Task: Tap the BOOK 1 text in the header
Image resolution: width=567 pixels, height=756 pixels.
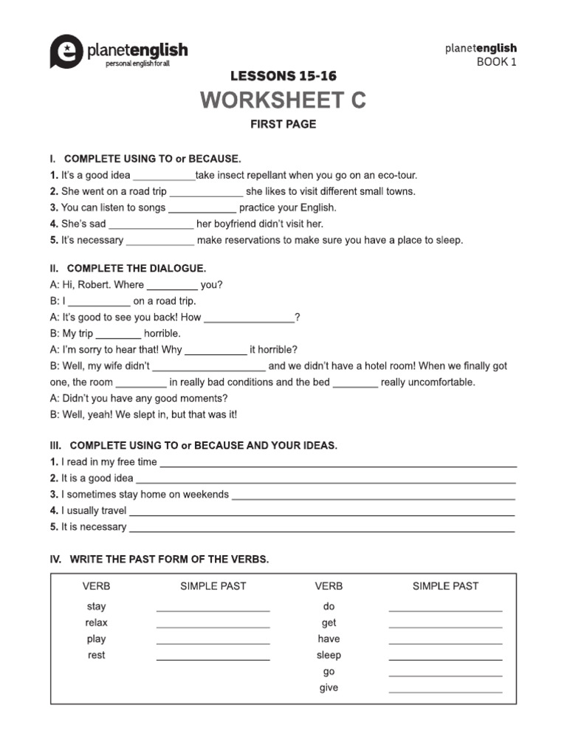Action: pyautogui.click(x=496, y=62)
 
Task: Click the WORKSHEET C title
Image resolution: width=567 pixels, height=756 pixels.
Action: pyautogui.click(x=283, y=100)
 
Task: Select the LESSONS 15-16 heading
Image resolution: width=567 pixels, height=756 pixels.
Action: pyautogui.click(x=283, y=76)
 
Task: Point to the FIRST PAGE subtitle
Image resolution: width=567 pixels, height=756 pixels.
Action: pyautogui.click(x=283, y=124)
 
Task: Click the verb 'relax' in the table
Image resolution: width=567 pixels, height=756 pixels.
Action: pyautogui.click(x=96, y=623)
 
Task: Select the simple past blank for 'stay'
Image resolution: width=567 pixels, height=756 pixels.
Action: pyautogui.click(x=213, y=609)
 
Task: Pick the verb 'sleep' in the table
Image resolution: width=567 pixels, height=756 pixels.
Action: pyautogui.click(x=329, y=656)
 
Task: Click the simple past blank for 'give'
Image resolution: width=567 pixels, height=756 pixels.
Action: pyautogui.click(x=445, y=690)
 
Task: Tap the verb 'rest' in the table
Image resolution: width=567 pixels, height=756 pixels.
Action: pyautogui.click(x=96, y=656)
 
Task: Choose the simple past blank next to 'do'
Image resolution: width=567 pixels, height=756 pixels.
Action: pyautogui.click(x=445, y=609)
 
